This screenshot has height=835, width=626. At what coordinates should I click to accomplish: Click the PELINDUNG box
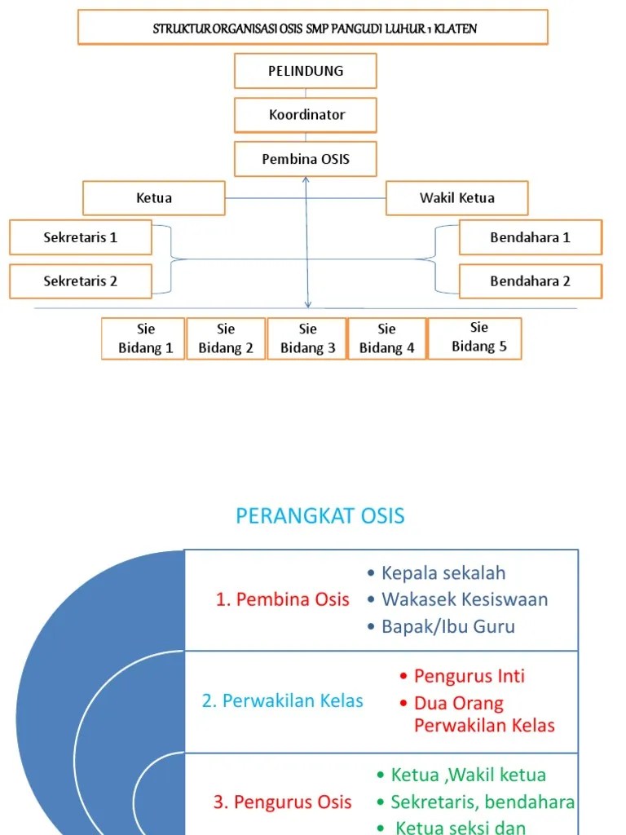pos(306,71)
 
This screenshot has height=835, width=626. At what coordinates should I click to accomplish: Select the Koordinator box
pos(306,115)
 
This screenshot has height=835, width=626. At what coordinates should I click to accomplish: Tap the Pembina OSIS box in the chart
pos(306,159)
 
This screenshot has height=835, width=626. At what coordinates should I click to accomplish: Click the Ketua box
pos(154,198)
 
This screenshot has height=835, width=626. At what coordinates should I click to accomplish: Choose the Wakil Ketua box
pos(456,198)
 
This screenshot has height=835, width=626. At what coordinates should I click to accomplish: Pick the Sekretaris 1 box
pos(81,237)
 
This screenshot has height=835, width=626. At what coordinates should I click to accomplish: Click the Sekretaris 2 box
pos(81,281)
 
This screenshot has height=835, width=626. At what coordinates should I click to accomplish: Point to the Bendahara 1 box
pos(530,237)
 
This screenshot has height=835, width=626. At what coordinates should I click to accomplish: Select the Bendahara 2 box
pos(530,281)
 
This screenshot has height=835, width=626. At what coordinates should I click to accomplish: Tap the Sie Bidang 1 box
pos(143,338)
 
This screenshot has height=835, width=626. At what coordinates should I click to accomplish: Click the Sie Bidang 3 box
pos(307,338)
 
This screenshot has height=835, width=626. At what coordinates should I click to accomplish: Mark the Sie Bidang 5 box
pos(475,338)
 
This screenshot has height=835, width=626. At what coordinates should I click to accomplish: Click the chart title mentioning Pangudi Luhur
pos(315,29)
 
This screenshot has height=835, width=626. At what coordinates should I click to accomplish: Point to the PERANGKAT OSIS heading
pos(320,516)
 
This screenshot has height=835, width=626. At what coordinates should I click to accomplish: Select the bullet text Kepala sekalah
pos(443,572)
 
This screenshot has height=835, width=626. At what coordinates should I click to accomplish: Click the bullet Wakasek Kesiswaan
pos(465,599)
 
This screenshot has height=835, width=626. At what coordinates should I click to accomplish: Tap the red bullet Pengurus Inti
pos(469,676)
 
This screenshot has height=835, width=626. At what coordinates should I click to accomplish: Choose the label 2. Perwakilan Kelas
pos(283,700)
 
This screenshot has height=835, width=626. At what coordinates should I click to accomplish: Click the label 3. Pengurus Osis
pos(283,802)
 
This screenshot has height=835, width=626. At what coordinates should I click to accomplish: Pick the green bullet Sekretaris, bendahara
pos(483,802)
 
